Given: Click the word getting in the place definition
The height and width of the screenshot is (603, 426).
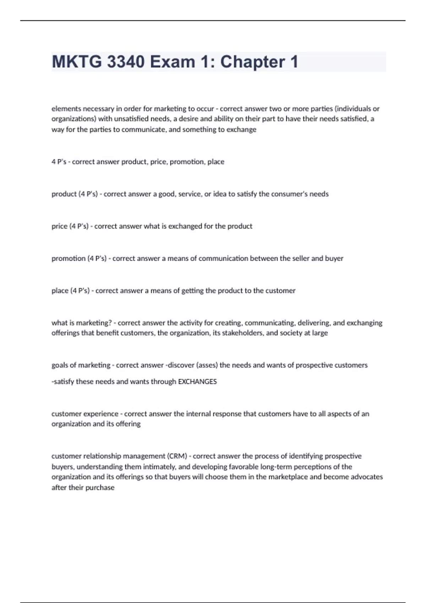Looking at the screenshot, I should [x=192, y=291].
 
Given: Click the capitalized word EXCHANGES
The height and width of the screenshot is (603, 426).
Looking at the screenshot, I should [x=197, y=382].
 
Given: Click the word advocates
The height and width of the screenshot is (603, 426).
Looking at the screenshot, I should [x=367, y=477].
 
